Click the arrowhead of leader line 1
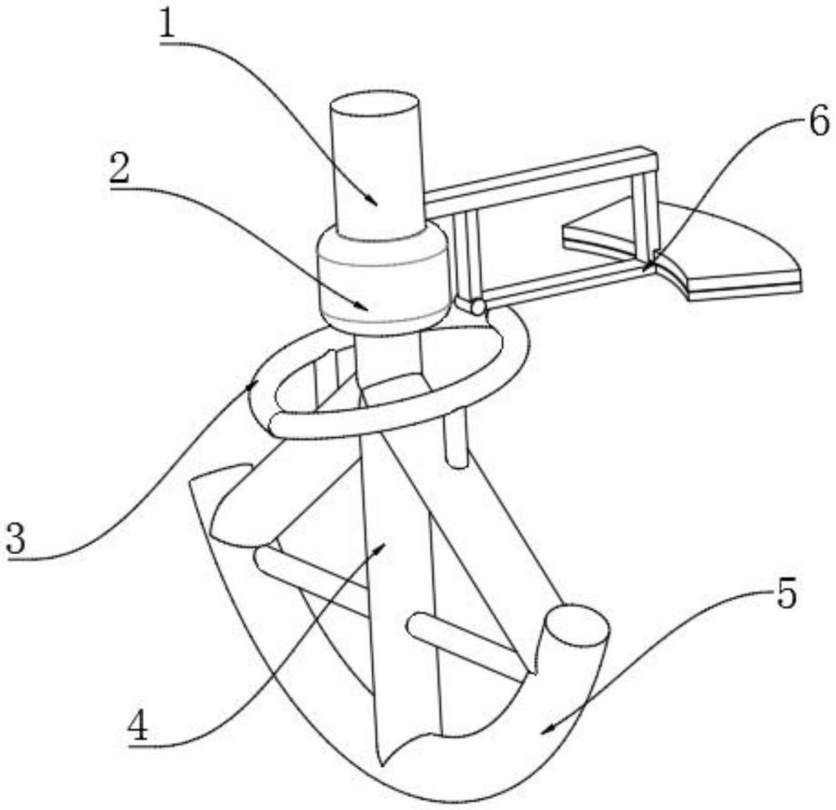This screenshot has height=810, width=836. [x=377, y=203]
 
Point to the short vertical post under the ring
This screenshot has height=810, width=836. [x=456, y=439]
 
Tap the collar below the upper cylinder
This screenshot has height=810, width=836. [x=382, y=280]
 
